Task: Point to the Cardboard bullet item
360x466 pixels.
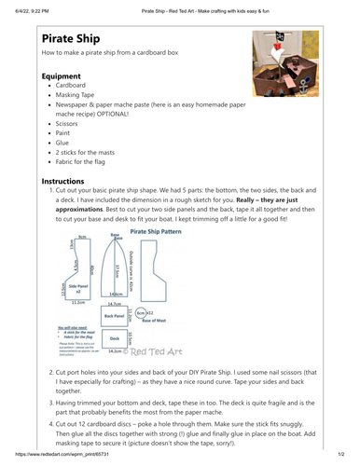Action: pos(76,95)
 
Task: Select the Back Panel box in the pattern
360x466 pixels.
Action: pos(115,315)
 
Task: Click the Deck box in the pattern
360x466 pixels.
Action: pos(115,337)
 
